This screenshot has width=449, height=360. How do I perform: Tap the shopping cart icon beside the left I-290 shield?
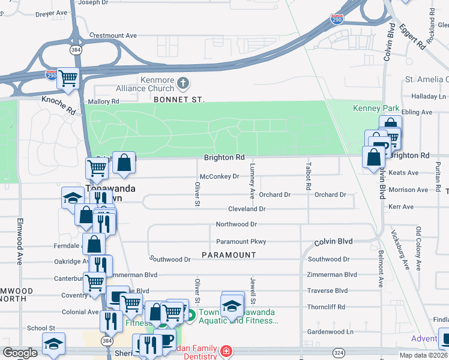click(x=68, y=78)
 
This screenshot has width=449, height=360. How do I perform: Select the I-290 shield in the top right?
click(x=337, y=20)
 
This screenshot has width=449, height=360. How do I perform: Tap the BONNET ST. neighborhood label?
click(x=179, y=99)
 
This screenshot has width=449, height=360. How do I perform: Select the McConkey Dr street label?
click(x=219, y=176)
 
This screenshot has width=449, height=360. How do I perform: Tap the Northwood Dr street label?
click(x=237, y=224)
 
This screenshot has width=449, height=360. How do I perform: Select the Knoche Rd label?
click(x=59, y=104)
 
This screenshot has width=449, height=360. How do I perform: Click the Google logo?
click(x=20, y=353)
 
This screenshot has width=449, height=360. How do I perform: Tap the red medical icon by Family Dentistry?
click(x=226, y=351)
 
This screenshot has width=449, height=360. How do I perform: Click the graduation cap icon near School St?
click(x=53, y=343)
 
